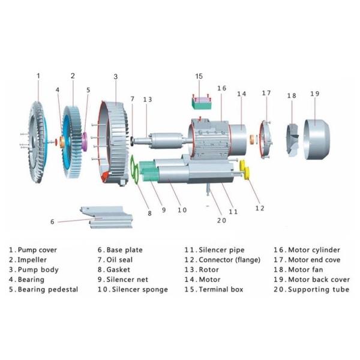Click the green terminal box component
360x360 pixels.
click(x=202, y=101)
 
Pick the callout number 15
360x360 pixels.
click(x=200, y=76)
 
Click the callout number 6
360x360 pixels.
click(x=52, y=221)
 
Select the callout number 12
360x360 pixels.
click(x=259, y=208)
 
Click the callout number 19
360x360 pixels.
click(x=315, y=94)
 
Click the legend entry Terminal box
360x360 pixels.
click(x=213, y=289)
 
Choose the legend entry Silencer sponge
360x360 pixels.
click(x=133, y=289)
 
